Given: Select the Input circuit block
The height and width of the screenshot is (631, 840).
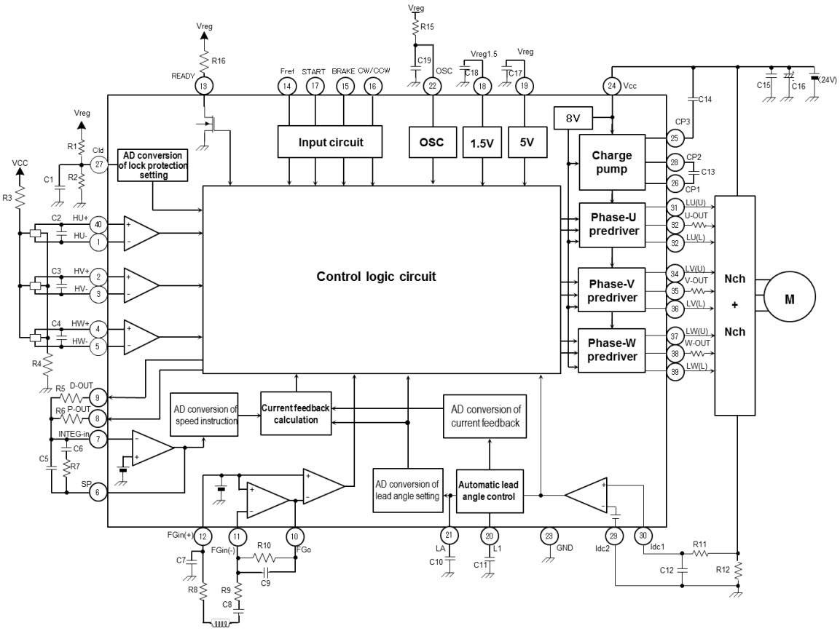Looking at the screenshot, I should click(x=330, y=141).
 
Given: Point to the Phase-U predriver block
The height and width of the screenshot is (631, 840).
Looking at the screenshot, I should click(x=612, y=224).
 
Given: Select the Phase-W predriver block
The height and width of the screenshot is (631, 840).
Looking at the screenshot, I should click(x=612, y=350).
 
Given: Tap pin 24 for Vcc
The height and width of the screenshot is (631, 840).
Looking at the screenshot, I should click(x=611, y=86).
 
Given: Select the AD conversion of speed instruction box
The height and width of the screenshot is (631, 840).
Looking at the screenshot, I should click(x=204, y=415).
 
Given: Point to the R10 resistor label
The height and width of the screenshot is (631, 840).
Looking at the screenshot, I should click(x=264, y=545).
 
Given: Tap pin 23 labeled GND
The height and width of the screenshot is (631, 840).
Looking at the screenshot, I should click(x=548, y=536).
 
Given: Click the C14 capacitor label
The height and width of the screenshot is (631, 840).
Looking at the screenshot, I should click(x=704, y=99).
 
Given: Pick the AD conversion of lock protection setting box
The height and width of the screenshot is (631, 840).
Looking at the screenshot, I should click(x=152, y=164).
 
